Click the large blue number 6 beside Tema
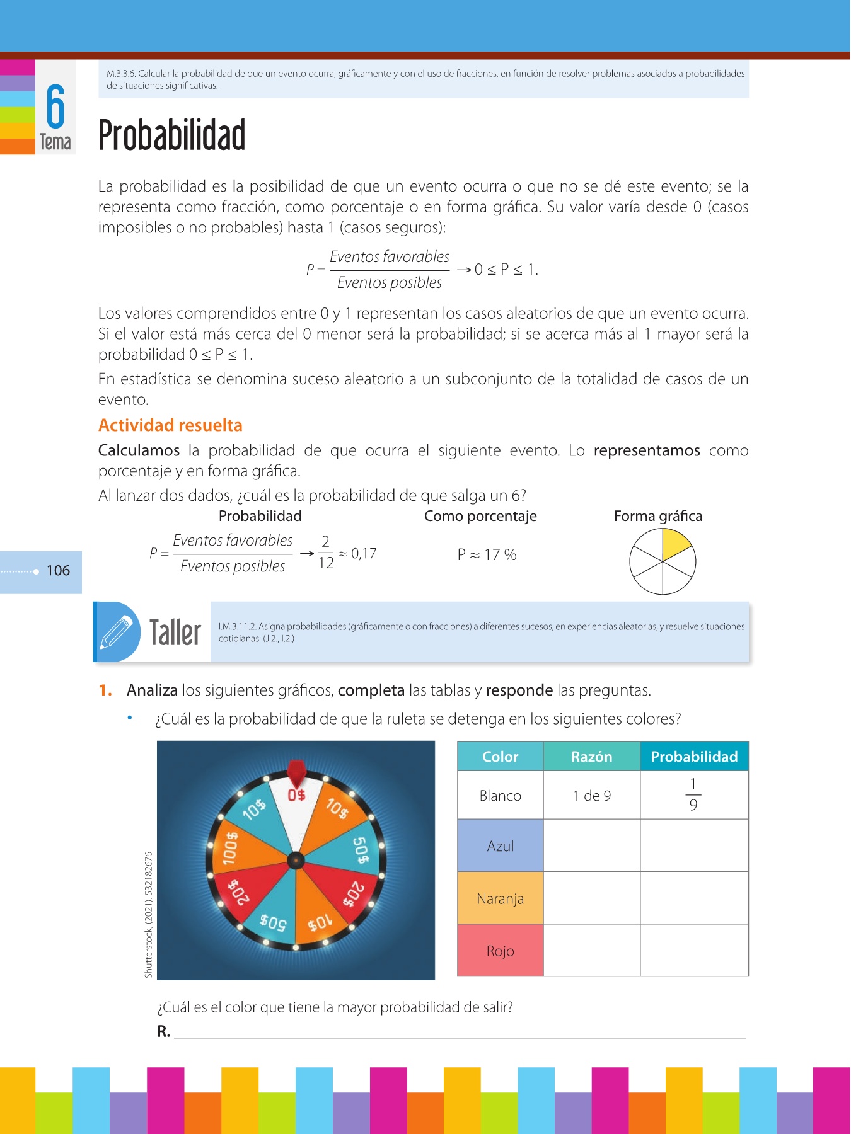coord(55,106)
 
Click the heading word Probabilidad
coord(171,135)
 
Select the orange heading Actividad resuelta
coord(170,425)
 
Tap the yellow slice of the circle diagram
coord(674,543)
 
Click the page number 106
coord(58,571)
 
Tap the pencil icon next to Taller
coord(117,632)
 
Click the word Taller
coord(175,633)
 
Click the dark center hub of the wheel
coord(296,860)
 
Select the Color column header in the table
coord(500,757)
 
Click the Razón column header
coord(591,757)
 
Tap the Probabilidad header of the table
coord(694,757)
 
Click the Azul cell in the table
coord(500,846)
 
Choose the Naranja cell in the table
coord(500,898)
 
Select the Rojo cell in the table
coord(500,951)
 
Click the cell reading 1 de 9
coord(591,796)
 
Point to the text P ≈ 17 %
coord(487,555)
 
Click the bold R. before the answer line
coord(163,1032)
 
